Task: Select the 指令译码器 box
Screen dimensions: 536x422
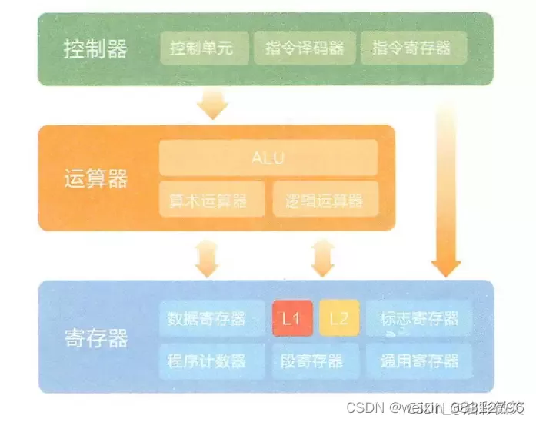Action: click(305, 49)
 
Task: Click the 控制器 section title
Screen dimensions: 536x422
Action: click(95, 50)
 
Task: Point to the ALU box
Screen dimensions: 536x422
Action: click(268, 158)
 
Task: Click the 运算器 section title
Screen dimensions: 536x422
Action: click(95, 179)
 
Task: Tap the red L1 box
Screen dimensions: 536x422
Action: click(292, 318)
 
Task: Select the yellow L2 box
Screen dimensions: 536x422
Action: click(339, 318)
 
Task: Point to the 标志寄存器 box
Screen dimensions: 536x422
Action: click(419, 318)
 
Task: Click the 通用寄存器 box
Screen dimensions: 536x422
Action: click(419, 359)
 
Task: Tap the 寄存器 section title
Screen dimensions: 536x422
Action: click(95, 338)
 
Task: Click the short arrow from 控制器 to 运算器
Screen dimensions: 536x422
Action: click(213, 102)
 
